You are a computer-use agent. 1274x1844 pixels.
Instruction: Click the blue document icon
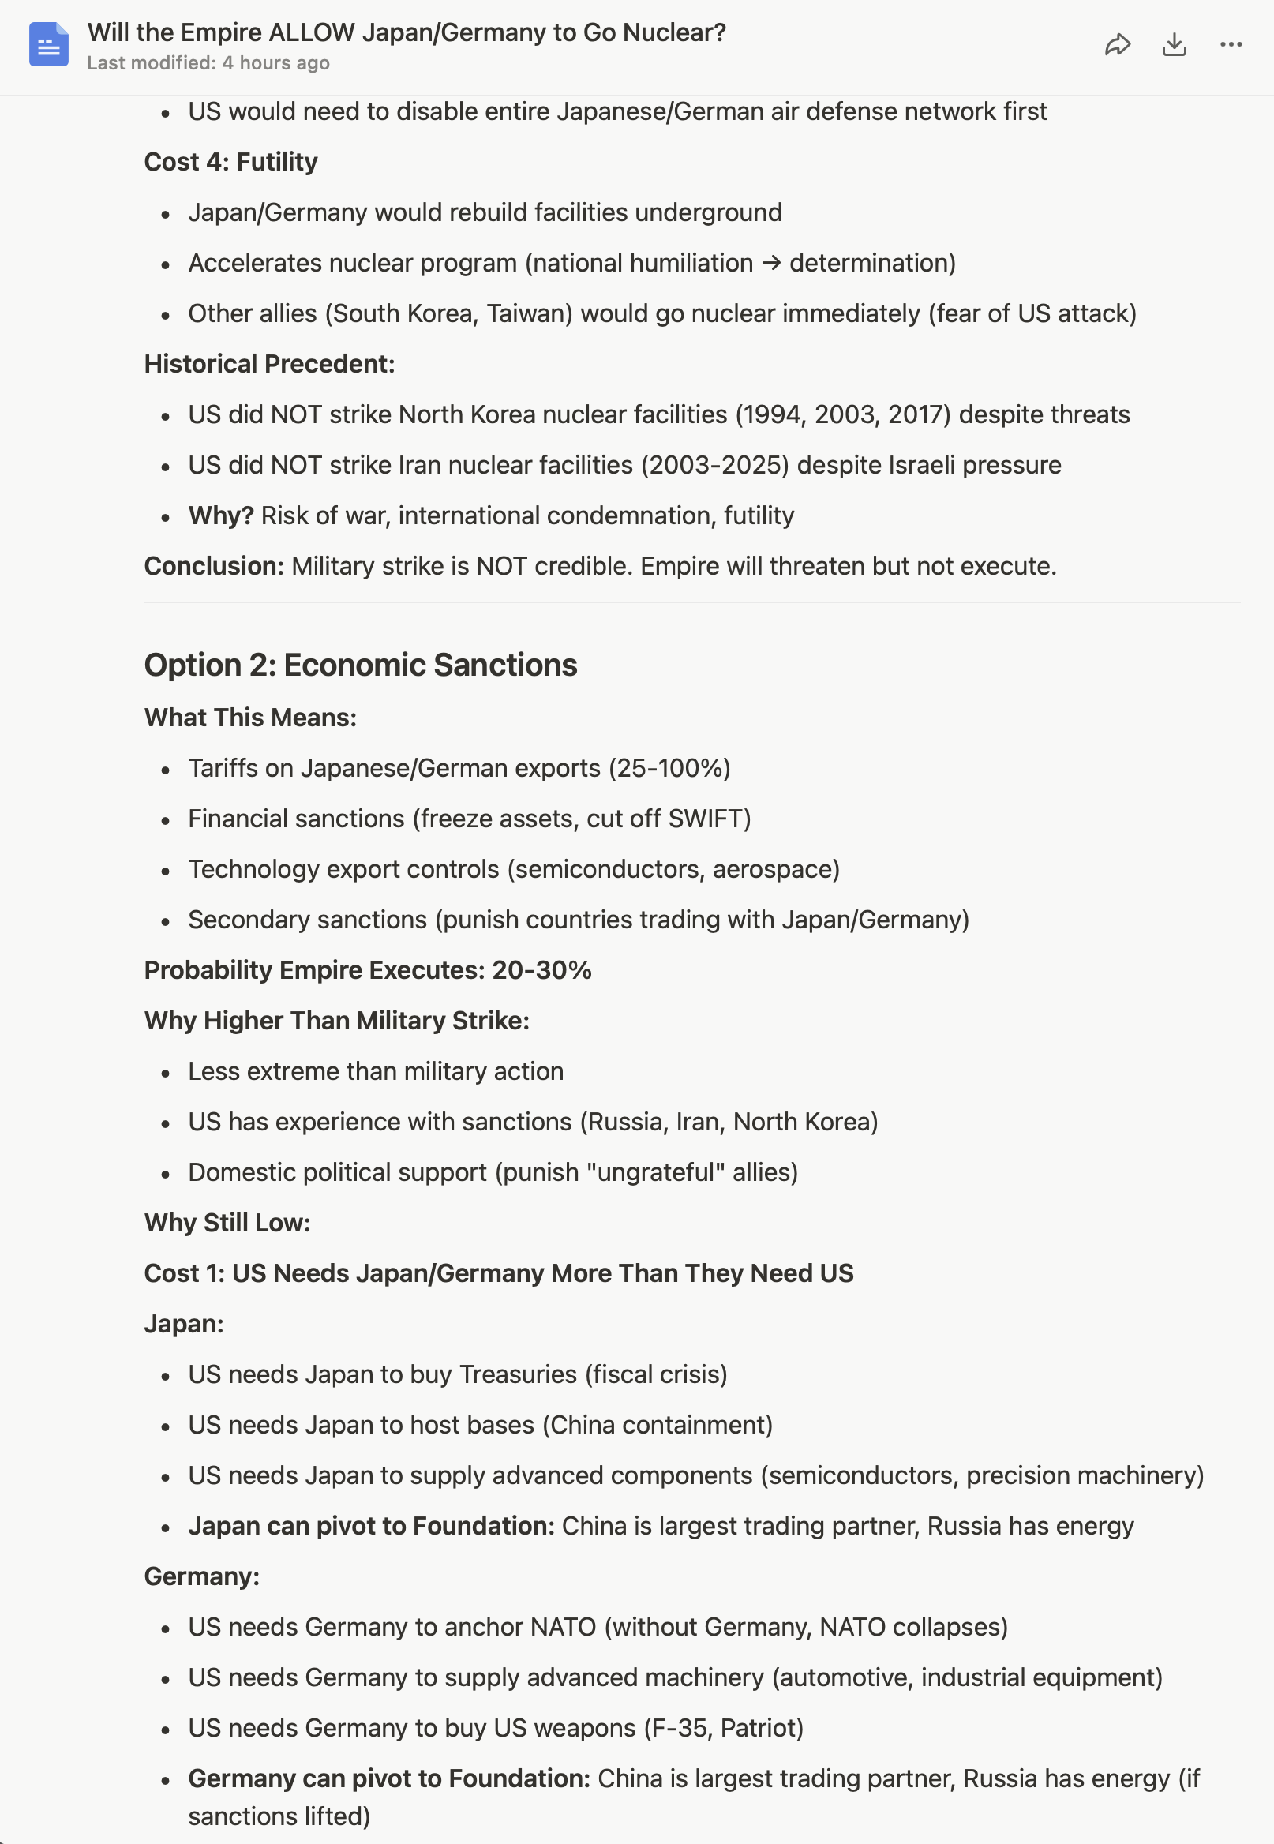[49, 45]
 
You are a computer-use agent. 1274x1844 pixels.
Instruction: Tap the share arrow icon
[1118, 45]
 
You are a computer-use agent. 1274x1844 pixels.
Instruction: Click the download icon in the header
[1175, 45]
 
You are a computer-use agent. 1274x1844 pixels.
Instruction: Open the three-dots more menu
[1231, 45]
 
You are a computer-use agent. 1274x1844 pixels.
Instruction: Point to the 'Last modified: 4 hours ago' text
[208, 63]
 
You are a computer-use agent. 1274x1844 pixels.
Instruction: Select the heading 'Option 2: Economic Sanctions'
[360, 665]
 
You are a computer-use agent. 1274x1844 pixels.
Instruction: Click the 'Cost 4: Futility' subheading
[230, 162]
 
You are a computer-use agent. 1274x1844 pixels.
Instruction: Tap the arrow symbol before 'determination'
[771, 263]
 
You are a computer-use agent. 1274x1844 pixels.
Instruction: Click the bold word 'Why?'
[221, 515]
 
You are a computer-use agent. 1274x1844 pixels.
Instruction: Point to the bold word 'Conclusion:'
[214, 566]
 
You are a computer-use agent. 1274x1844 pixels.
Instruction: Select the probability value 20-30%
[541, 970]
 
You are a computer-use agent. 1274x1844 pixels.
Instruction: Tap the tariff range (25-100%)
[669, 768]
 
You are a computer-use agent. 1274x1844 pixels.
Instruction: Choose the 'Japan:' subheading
[184, 1324]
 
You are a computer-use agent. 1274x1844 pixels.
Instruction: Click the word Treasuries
[518, 1374]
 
